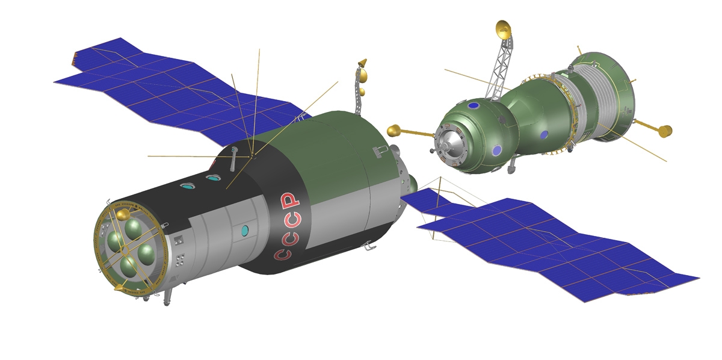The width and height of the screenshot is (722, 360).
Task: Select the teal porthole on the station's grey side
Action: (x=245, y=230)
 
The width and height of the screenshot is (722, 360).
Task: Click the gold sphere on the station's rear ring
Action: (x=123, y=214)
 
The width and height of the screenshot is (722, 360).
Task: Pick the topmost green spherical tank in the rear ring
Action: (x=133, y=229)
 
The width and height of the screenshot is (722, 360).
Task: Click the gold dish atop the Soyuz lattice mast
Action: (x=503, y=28)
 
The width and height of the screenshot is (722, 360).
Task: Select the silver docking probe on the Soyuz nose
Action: (x=448, y=142)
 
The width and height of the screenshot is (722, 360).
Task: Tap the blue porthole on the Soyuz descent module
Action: (x=544, y=135)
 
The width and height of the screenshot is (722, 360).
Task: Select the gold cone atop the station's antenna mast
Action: (x=362, y=63)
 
